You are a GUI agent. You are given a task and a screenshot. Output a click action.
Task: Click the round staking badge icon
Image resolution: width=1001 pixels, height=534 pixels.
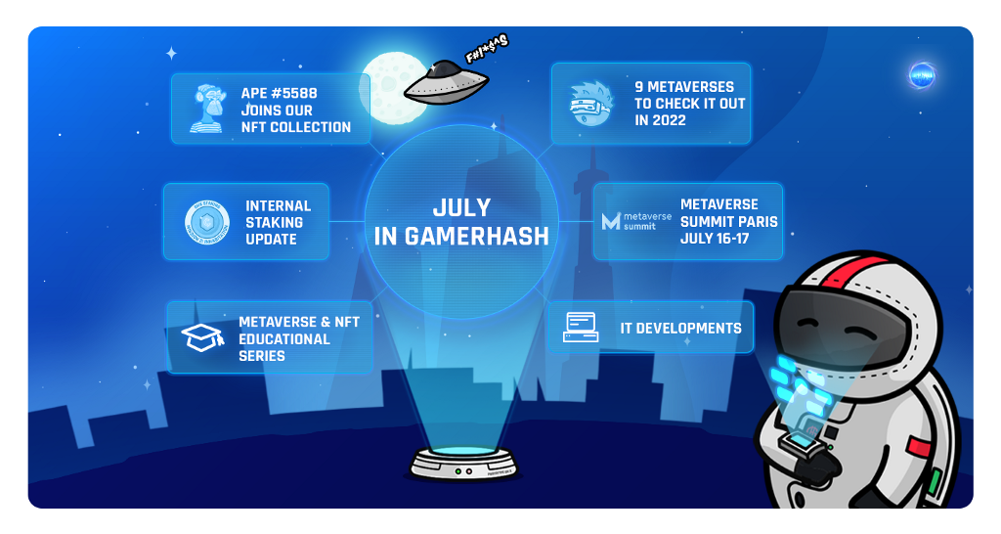206,222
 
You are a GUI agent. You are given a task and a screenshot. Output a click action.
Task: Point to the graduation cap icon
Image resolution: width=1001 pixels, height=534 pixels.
203,337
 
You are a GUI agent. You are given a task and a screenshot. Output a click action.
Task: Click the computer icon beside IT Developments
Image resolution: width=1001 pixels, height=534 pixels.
581,328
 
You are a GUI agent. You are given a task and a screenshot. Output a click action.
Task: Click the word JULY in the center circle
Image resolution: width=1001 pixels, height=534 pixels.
461,207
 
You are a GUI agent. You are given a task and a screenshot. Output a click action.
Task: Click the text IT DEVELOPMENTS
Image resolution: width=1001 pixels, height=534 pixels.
680,329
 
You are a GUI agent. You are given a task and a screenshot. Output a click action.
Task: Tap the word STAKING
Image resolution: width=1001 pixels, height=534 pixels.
274,222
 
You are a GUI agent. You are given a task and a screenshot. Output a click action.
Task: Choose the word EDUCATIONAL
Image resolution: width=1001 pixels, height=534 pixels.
284,338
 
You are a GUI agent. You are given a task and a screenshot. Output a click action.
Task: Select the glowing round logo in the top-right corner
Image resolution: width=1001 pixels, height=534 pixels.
921,75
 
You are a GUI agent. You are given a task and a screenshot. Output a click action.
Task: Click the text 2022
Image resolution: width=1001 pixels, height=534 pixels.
660,120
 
